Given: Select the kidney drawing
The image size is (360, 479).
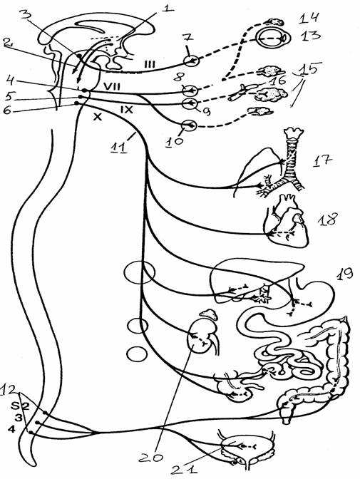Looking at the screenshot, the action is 201,335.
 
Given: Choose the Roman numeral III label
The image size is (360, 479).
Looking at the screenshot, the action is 150,64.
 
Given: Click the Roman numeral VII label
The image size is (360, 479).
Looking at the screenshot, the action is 112,86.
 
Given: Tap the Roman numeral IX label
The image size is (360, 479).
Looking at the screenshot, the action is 126,109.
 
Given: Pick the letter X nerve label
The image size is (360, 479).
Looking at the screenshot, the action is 97,116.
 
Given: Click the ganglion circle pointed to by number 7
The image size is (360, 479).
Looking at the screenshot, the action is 192,61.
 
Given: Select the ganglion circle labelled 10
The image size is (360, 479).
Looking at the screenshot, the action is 189,125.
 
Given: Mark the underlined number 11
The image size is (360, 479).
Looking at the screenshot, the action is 120,148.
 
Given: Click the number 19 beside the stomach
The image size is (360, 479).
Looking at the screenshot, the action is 345,274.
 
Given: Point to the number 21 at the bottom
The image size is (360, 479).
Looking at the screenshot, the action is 184,469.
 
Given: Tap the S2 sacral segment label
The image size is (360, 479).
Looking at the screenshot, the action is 21,406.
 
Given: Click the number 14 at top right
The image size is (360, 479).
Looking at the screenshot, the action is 309,17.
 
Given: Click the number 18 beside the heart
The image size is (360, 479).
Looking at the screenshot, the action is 328,220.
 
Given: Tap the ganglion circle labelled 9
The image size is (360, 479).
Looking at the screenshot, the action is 190,103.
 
